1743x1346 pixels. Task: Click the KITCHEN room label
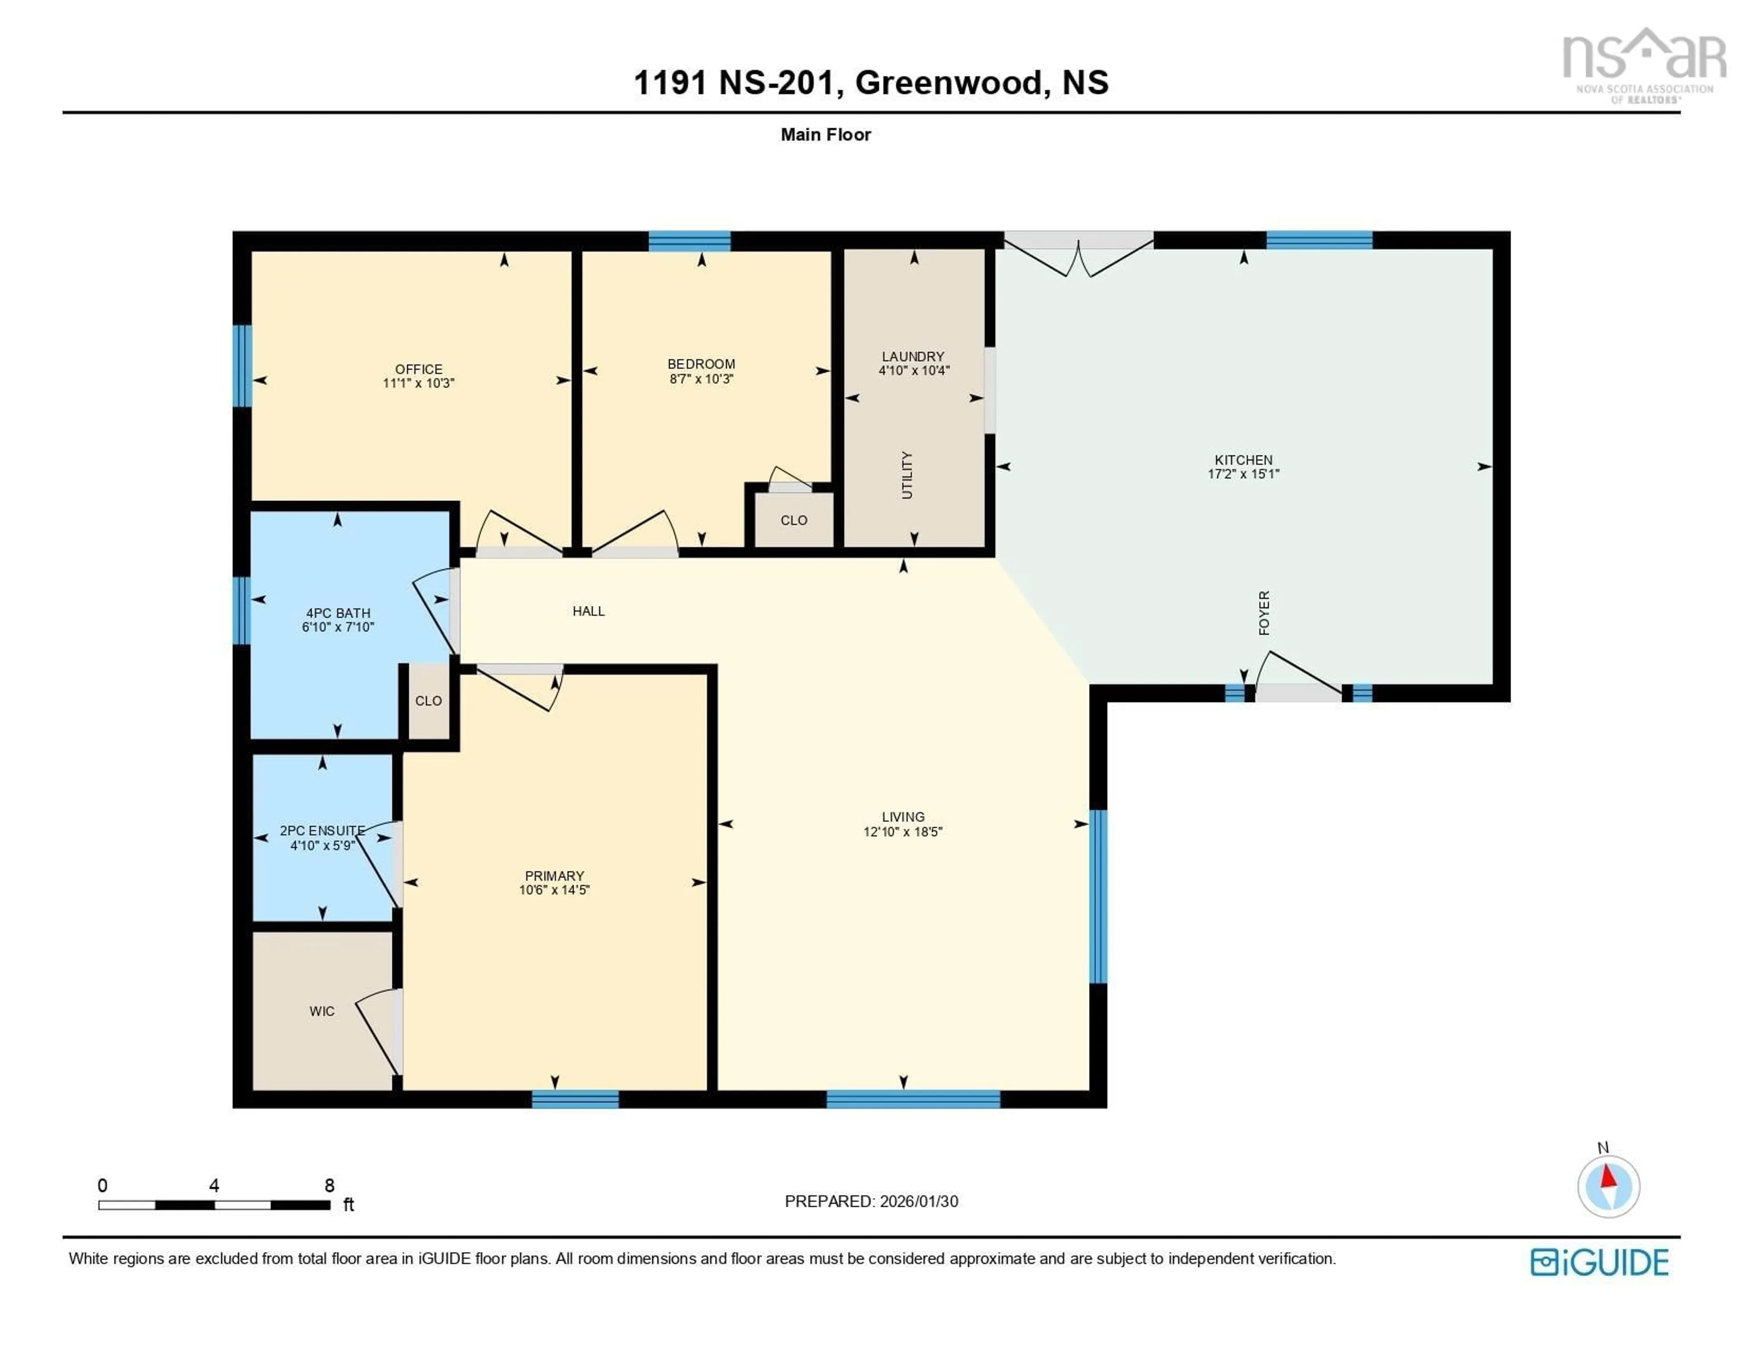point(1243,460)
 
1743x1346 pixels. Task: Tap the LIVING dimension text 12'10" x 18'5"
point(903,832)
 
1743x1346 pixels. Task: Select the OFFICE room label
point(418,369)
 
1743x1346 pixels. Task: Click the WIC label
point(322,1011)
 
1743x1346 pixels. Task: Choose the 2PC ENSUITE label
point(322,831)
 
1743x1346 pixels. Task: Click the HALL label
point(588,611)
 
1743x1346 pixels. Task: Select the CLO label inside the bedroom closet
point(793,520)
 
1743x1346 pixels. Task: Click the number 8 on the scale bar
point(329,1185)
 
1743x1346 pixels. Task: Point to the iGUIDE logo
point(1600,1262)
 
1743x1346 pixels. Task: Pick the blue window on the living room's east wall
point(1098,896)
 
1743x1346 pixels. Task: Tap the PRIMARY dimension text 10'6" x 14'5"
point(554,890)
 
